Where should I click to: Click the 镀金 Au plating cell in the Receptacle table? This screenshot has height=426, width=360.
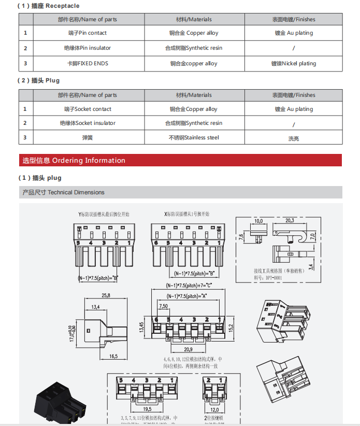[294, 33]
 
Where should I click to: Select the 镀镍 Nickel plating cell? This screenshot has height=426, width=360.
[294, 64]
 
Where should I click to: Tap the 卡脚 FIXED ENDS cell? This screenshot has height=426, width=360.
[88, 64]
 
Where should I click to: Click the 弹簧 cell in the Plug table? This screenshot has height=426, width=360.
[88, 138]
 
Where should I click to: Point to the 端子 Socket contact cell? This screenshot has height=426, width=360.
[88, 109]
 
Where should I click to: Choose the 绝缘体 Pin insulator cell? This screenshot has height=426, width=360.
[88, 48]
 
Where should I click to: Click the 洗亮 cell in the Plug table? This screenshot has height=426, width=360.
[294, 138]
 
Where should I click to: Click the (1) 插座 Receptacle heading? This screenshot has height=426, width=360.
[49, 6]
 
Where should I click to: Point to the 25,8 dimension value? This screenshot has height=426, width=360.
[106, 296]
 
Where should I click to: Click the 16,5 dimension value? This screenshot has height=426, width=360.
[113, 356]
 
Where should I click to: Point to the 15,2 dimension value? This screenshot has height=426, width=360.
[233, 328]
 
